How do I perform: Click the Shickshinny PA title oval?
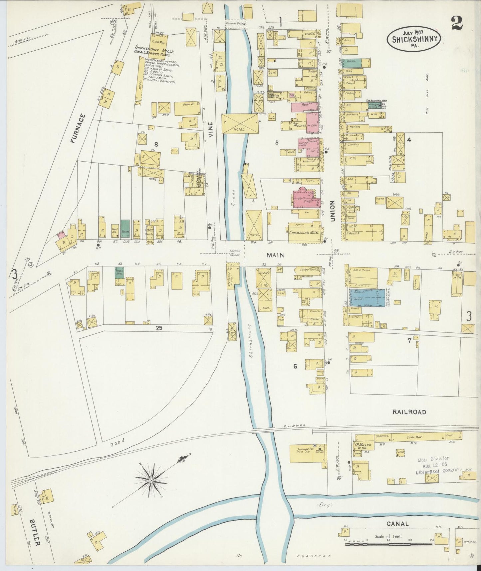414,39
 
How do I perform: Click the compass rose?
151,480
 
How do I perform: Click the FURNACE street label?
78,129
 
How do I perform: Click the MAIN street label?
276,255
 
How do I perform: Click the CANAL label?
397,524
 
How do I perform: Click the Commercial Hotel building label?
304,232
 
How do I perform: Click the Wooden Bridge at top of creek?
235,24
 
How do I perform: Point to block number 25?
159,328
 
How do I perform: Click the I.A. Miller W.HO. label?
364,445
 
